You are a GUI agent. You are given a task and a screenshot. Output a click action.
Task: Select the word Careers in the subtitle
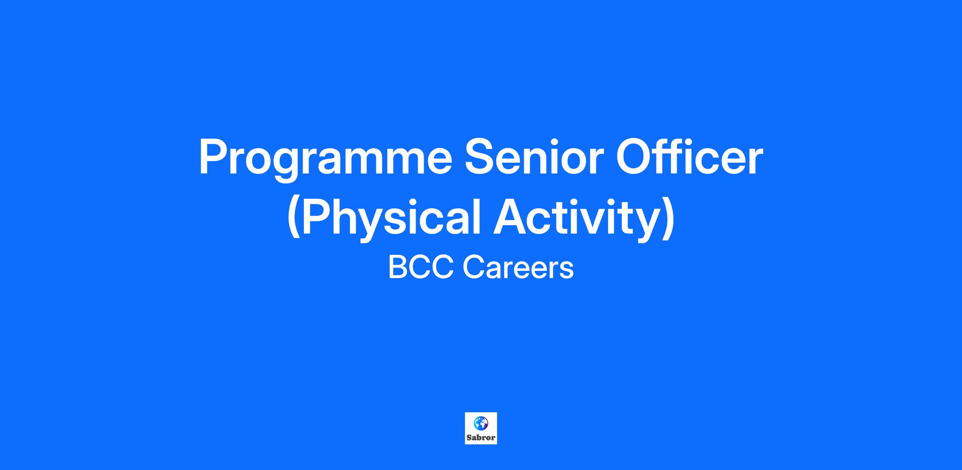coord(518,268)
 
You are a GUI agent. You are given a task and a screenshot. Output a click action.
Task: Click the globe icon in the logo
coord(481,423)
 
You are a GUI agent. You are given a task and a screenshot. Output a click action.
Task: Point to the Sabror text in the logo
coord(481,438)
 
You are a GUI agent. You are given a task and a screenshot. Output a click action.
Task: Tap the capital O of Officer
coord(635,157)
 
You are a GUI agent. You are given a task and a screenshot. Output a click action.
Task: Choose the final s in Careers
coord(567,271)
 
